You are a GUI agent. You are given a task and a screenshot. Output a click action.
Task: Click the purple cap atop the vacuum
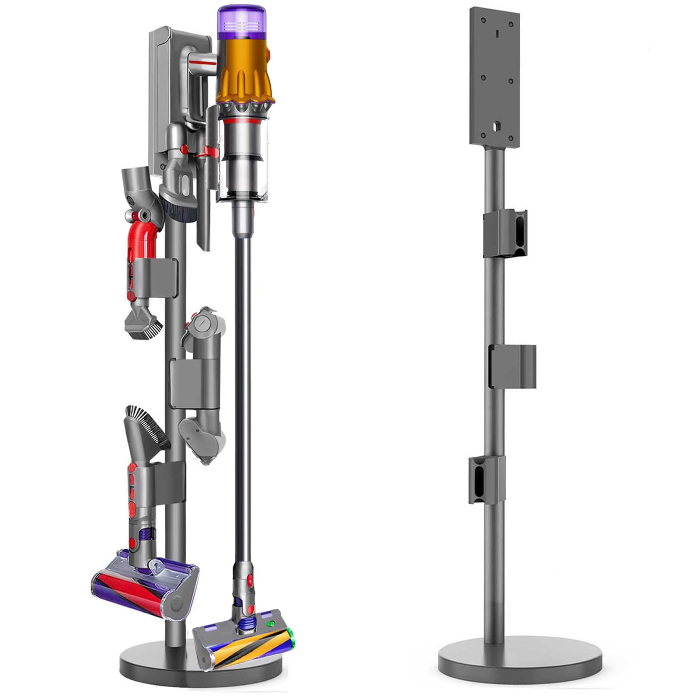[x=241, y=22]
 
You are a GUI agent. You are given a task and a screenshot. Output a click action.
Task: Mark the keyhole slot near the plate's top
[x=498, y=33]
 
